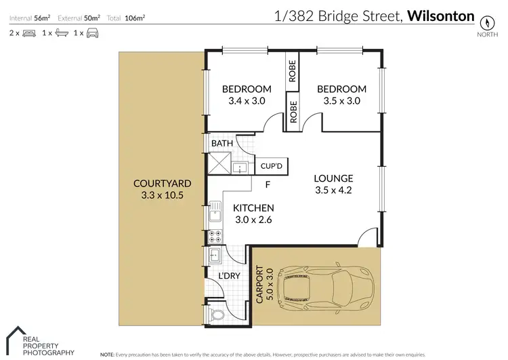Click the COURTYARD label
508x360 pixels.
(x=162, y=184)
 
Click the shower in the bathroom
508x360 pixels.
(x=219, y=163)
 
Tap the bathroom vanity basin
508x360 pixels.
(x=240, y=167)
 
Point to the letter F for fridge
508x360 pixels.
(x=268, y=184)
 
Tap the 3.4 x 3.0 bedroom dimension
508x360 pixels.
(x=247, y=101)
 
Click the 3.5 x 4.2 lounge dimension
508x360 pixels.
(x=333, y=191)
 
